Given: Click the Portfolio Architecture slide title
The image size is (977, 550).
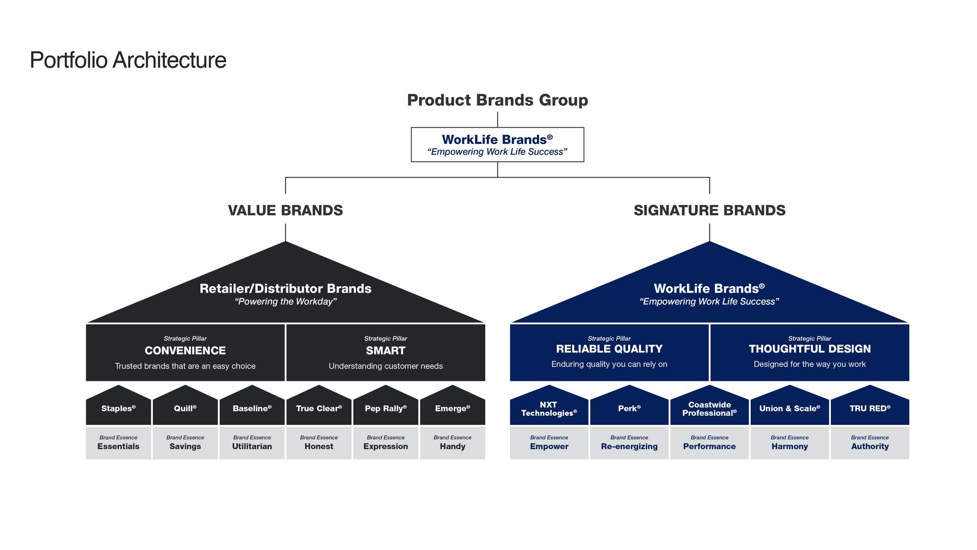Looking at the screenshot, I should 128,60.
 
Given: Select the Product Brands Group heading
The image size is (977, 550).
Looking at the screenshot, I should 497,100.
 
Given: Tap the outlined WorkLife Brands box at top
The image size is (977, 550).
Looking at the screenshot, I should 497,144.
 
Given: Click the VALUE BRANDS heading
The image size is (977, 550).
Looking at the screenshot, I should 285,210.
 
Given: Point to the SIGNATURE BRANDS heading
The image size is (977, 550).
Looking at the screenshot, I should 709,210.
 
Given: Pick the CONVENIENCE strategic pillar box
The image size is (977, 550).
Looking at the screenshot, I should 185,352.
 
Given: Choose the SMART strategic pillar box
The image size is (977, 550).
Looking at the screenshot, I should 385,352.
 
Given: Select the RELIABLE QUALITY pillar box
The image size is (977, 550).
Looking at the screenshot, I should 609,352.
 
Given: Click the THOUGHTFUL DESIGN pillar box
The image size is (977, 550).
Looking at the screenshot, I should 809,352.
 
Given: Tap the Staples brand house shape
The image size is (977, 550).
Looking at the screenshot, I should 118,408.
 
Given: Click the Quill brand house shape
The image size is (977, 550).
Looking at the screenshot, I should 185,408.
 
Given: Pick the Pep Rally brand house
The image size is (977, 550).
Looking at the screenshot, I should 385,408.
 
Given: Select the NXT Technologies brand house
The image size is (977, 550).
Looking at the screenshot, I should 549,408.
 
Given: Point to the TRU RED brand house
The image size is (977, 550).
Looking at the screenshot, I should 870,408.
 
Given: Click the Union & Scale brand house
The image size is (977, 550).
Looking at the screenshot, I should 789,408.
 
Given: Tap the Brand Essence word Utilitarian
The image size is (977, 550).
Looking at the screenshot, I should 252,446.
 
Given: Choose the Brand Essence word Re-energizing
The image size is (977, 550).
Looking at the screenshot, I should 629,446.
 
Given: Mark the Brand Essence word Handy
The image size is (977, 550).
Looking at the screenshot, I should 452,446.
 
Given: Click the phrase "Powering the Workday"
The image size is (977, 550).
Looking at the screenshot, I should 285,302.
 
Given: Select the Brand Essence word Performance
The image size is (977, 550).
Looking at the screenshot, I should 709,446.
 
